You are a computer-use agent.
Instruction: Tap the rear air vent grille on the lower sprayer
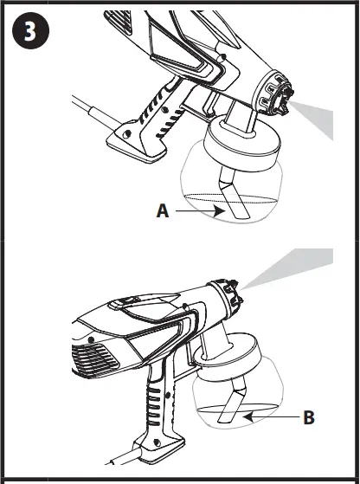[93, 356]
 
